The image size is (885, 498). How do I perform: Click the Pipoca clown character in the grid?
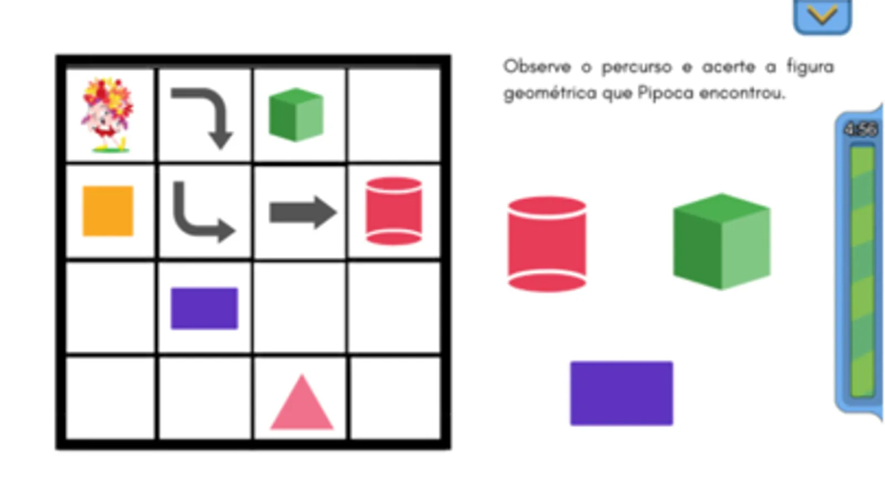107,115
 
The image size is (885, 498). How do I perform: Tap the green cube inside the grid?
296,115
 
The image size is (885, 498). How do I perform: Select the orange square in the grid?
108,211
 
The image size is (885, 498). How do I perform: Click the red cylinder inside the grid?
394,211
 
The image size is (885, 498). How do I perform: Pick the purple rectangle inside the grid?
204,308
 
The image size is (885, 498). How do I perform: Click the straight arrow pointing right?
302,212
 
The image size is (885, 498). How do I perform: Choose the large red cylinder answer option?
547,243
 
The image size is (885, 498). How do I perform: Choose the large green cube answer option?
721,241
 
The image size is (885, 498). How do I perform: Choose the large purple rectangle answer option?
622,393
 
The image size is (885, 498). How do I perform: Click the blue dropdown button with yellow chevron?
822,15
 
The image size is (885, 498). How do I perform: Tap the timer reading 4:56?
860,129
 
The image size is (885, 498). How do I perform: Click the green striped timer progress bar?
861,271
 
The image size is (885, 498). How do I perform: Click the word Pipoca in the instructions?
665,92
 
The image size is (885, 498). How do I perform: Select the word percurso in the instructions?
636,68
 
